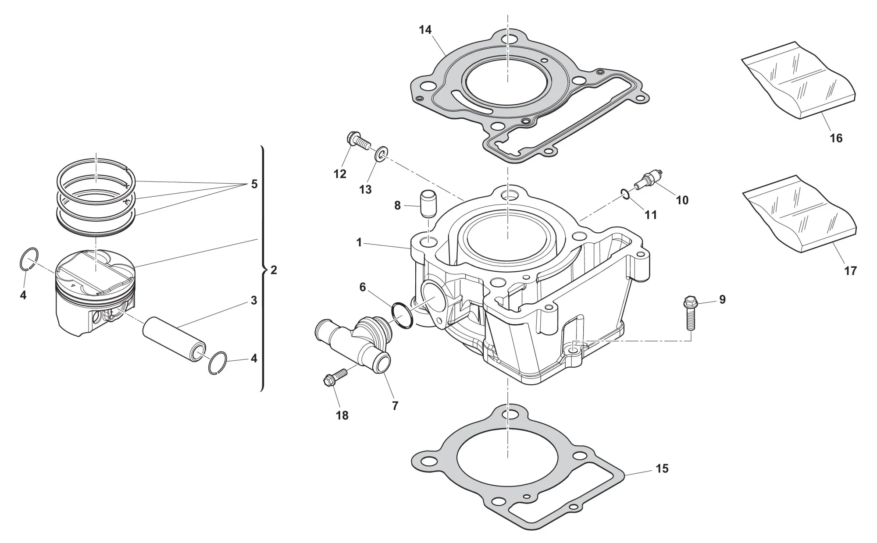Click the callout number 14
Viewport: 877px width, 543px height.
(425, 30)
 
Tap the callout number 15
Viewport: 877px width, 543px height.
(662, 468)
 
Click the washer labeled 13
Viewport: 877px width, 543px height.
(381, 155)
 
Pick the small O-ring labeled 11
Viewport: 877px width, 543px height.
(626, 193)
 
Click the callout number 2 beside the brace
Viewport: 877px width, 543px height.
(274, 270)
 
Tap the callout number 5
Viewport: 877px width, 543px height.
(254, 184)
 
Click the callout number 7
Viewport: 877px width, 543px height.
(395, 406)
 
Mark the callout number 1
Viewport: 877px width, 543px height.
(359, 242)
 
